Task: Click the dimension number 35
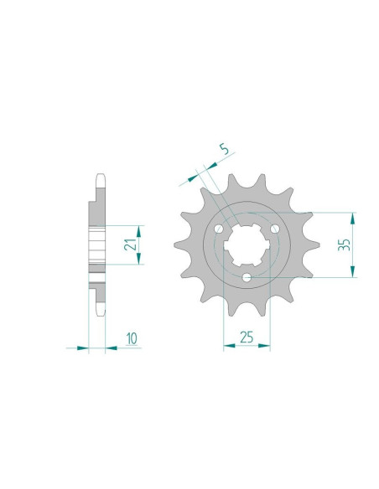point(342,244)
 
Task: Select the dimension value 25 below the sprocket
point(247,337)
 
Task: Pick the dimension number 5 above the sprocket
point(221,151)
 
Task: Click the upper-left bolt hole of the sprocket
point(219,229)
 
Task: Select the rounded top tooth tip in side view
point(100,178)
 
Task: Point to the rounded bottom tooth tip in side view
point(100,311)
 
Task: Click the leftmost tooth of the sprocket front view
point(179,245)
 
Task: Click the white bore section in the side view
point(97,244)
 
